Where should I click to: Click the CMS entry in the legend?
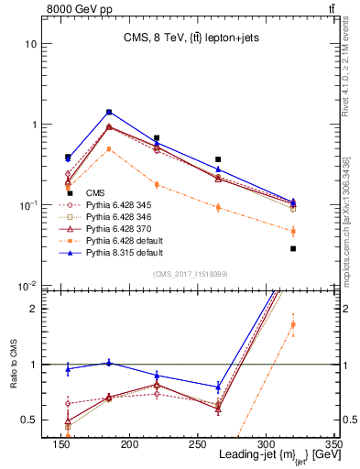click(x=95, y=192)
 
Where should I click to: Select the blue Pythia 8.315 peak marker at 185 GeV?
click(x=109, y=112)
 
